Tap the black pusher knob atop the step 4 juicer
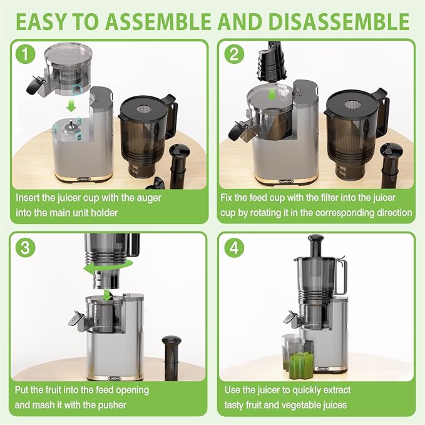click(x=319, y=240)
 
